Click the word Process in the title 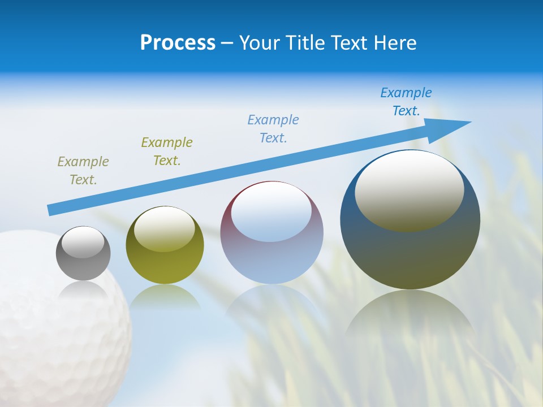click(x=178, y=42)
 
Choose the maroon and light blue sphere click(x=271, y=254)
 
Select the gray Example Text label click(x=83, y=171)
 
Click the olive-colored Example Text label click(x=166, y=151)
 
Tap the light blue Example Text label click(x=273, y=129)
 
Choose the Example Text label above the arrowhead click(x=406, y=102)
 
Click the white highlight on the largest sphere click(x=409, y=189)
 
